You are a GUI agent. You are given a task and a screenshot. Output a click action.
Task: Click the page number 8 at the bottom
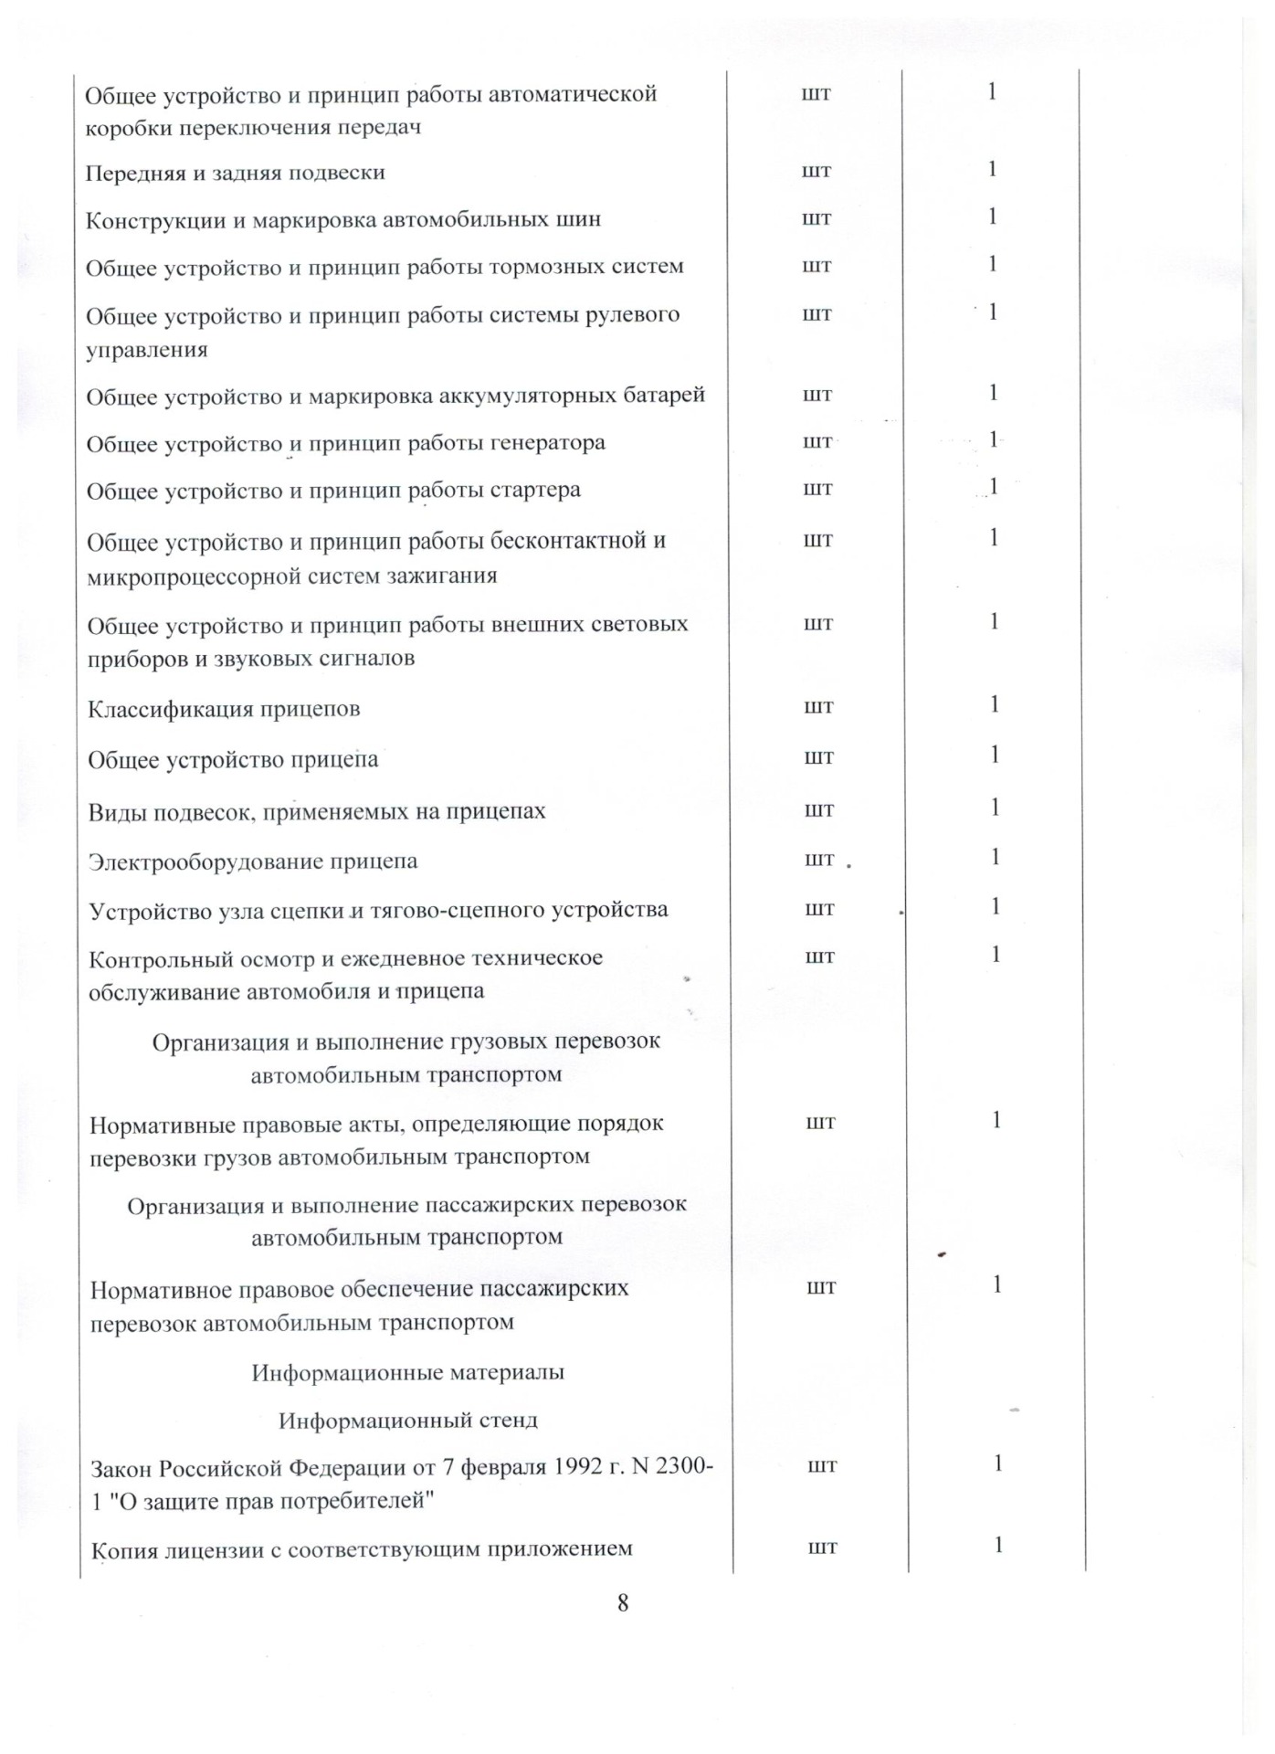pos(622,1602)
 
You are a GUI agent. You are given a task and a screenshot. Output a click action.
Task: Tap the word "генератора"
pos(546,443)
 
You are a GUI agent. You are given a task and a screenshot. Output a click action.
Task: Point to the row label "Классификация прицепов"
pos(224,709)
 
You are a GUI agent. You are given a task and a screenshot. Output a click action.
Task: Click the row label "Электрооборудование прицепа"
pos(253,861)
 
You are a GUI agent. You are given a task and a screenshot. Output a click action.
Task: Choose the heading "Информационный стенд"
pos(407,1421)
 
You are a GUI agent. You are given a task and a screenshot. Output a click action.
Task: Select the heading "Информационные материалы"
pos(407,1372)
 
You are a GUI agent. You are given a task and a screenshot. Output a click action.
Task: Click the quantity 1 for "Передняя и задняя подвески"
pos(992,169)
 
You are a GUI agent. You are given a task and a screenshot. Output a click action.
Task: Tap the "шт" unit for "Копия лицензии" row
pos(822,1547)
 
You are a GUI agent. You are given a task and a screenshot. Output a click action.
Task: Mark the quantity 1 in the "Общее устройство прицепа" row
pos(994,755)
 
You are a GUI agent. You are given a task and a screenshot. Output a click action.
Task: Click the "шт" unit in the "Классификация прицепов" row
pos(818,706)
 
